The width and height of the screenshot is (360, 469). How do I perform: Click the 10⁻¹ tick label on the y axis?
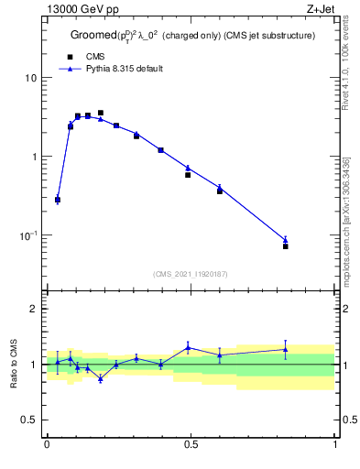click(28, 235)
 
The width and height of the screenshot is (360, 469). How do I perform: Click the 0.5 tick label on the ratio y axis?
click(29, 420)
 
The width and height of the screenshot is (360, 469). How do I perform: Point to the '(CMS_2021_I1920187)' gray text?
click(191, 273)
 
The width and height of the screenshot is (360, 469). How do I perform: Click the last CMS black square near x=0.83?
click(286, 246)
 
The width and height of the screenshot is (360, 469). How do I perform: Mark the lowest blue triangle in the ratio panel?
click(101, 378)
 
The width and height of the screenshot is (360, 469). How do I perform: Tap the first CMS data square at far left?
click(58, 200)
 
